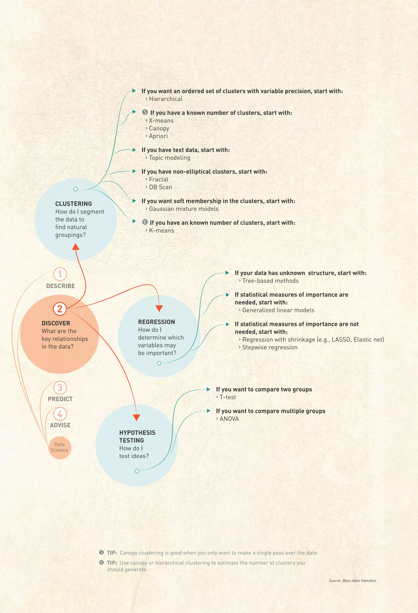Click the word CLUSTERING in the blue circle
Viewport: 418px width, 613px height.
click(x=74, y=204)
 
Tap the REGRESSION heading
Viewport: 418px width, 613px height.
click(x=157, y=322)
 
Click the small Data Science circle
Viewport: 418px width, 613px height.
click(x=60, y=448)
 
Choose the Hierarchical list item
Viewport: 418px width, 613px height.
click(x=166, y=99)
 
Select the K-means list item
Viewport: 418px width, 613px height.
click(x=161, y=231)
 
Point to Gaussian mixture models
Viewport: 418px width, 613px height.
click(x=184, y=209)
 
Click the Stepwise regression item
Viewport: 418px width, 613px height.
click(x=270, y=347)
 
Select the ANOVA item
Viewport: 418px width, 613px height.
click(x=229, y=419)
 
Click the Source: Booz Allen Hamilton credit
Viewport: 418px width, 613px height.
click(x=352, y=581)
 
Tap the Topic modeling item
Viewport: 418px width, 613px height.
click(x=169, y=158)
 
